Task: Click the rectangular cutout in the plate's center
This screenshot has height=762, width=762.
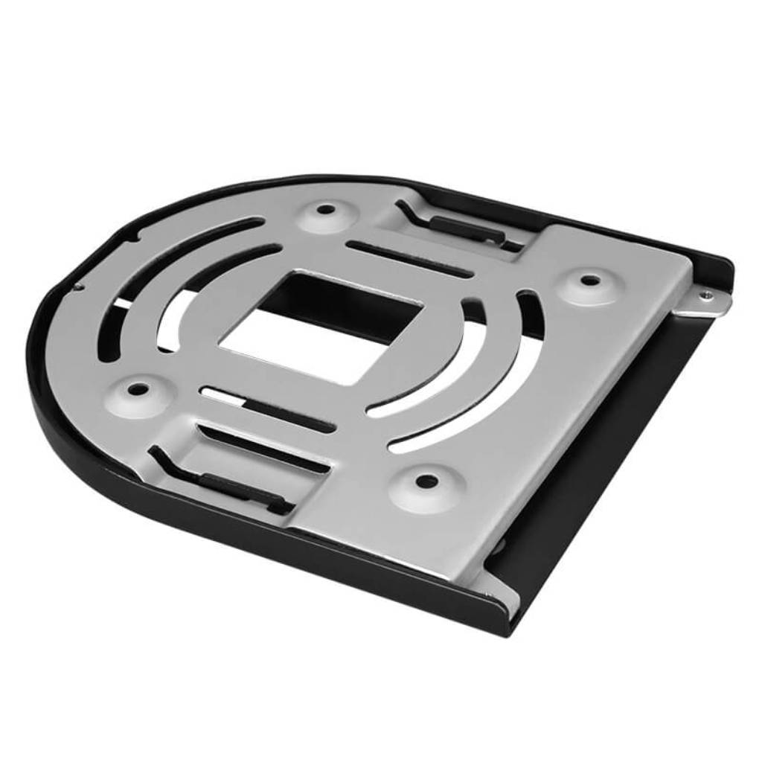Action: (320, 327)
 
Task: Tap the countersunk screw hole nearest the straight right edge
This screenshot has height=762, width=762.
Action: (590, 281)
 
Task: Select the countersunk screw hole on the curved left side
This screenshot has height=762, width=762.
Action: (137, 388)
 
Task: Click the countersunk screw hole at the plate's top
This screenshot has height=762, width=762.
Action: (325, 210)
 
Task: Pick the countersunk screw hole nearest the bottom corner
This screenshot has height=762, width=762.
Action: (426, 481)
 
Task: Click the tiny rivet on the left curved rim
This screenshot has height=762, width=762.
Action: (77, 286)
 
